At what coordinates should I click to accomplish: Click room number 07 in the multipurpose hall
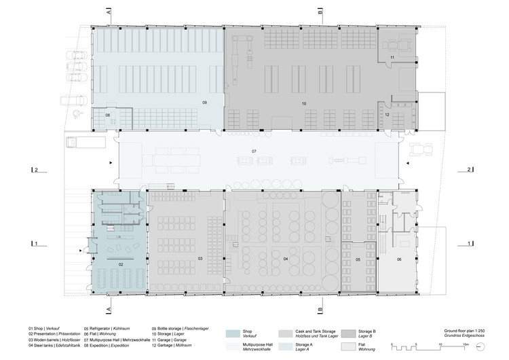pos(254,150)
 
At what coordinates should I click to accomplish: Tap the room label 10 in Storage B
pos(304,103)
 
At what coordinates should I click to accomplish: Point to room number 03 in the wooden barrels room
pos(200,259)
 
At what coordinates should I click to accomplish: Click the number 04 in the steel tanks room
pos(286,259)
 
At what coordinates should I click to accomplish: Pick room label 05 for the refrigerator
pos(357,259)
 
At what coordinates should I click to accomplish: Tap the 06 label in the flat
pos(399,259)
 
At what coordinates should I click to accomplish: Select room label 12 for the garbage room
pos(386,115)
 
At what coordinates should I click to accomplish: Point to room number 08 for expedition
pos(107,115)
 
